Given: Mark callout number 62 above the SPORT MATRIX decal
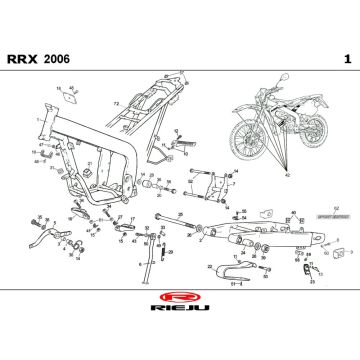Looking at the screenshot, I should click(293, 212).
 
